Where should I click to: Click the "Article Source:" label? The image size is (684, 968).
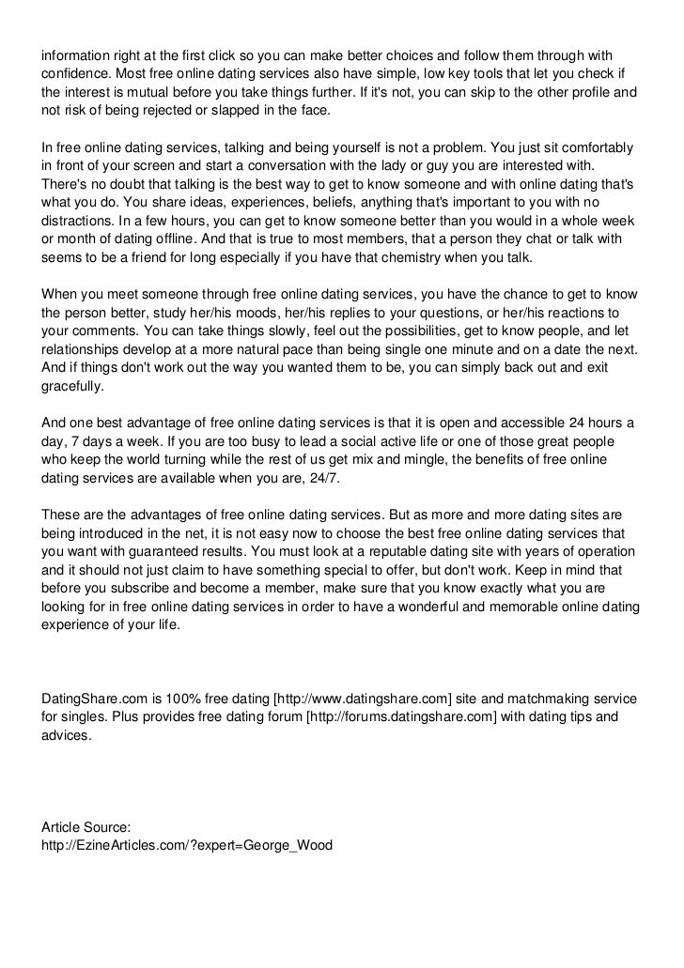pyautogui.click(x=86, y=827)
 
